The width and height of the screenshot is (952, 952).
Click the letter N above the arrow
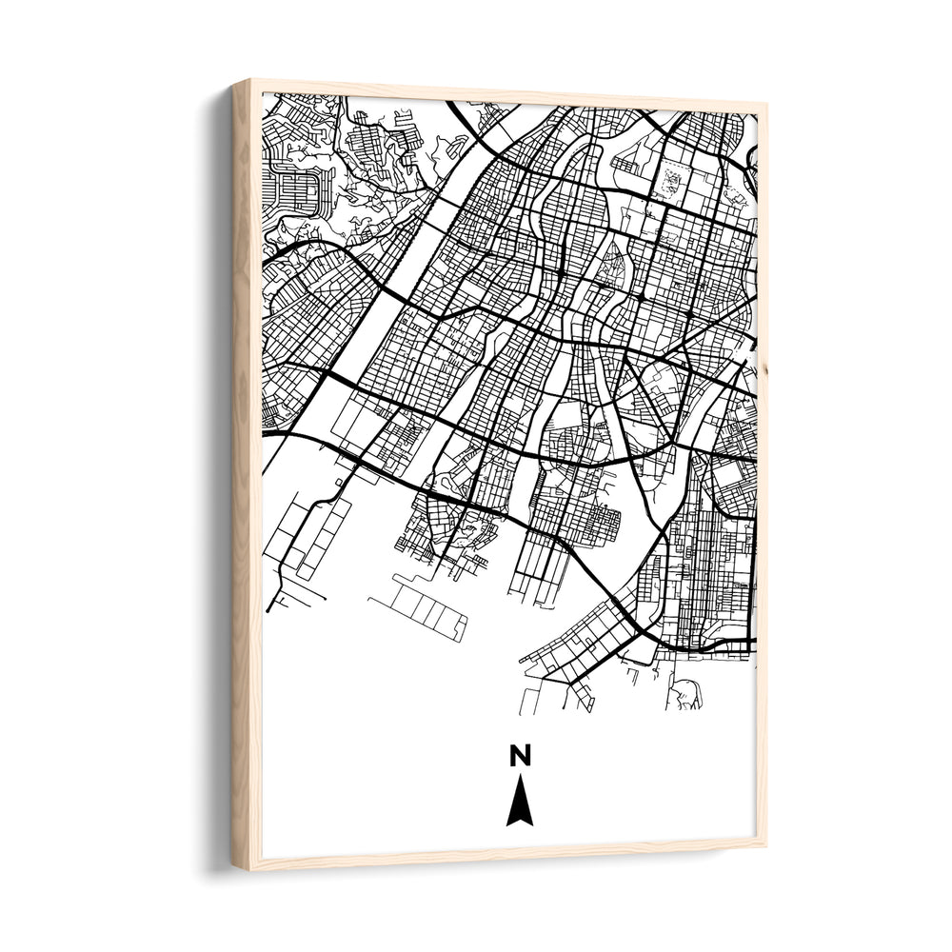point(519,756)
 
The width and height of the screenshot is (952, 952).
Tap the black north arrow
point(519,803)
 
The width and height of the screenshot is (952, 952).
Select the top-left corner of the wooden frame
point(234,82)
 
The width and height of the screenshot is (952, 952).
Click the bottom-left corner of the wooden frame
point(234,867)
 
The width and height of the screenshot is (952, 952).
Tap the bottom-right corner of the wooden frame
point(765,843)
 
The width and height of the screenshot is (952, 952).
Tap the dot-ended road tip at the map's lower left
point(269,608)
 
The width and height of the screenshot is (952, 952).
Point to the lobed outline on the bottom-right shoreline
point(687,695)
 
